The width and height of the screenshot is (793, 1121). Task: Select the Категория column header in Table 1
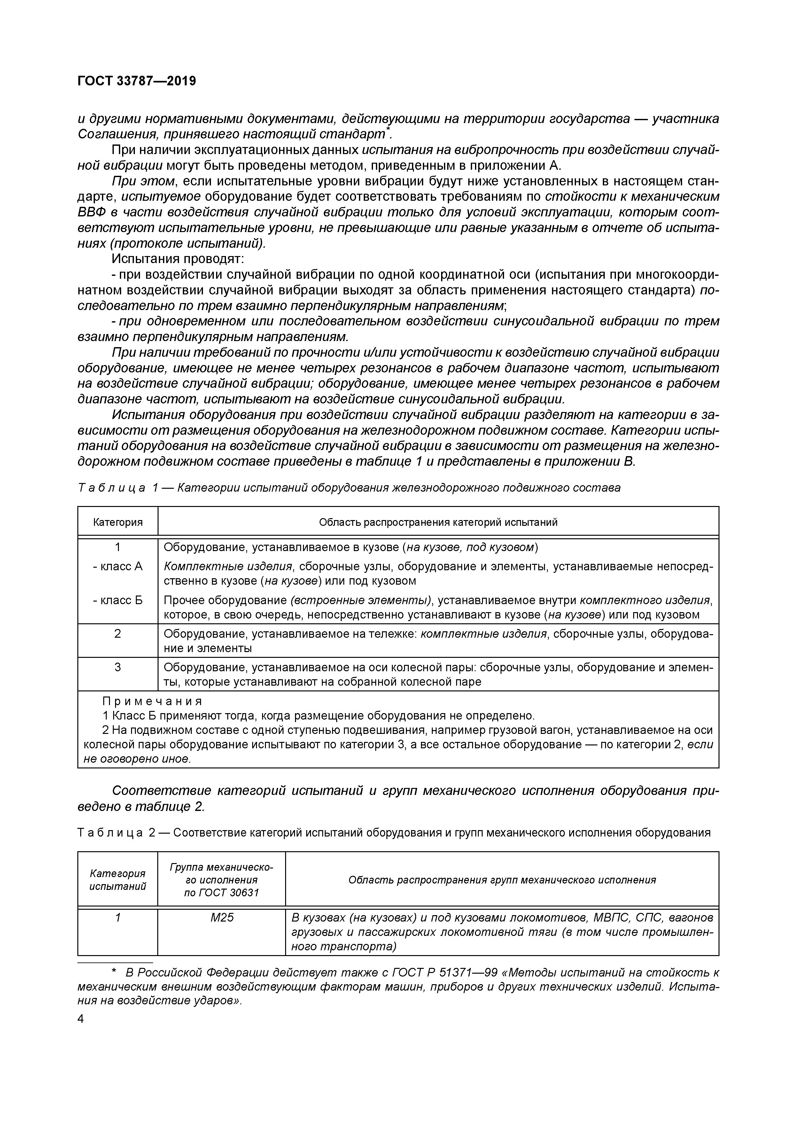click(x=118, y=522)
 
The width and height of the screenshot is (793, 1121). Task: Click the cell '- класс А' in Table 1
click(x=118, y=566)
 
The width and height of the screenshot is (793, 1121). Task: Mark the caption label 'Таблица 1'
click(x=118, y=488)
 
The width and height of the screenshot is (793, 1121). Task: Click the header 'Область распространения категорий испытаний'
click(x=438, y=522)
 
